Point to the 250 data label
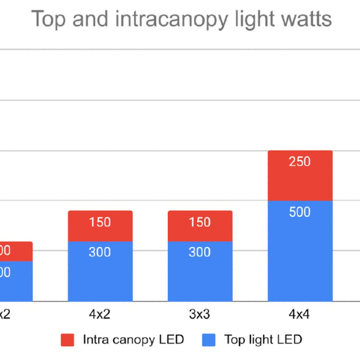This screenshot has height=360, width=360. coord(300,162)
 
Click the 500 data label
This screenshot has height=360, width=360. coord(300,212)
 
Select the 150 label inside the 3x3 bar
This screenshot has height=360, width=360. coord(200,222)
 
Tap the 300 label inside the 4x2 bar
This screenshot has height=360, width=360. coord(100,252)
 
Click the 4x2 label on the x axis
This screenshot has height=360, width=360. coord(100,315)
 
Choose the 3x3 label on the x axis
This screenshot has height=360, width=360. coord(200,315)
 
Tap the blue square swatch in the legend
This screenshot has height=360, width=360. coord(209,340)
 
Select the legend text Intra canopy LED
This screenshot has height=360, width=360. coord(133,340)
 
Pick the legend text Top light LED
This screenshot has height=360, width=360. coord(263,340)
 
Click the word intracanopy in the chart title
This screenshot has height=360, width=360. coord(160,20)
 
